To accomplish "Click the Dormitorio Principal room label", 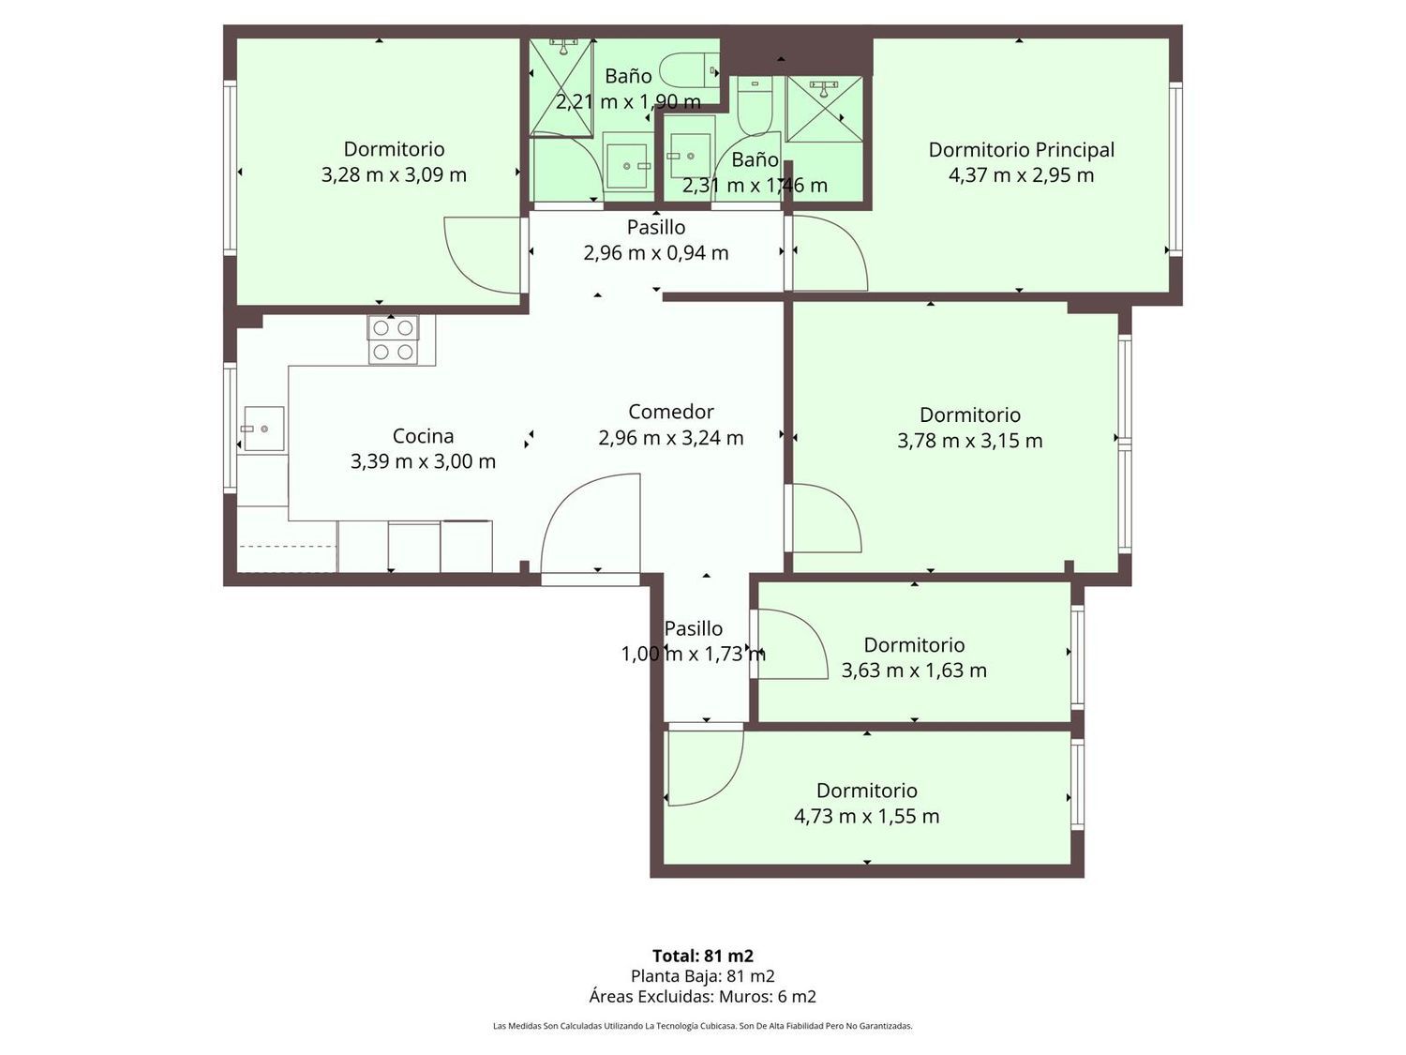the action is [1021, 150].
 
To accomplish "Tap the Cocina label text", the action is [423, 435].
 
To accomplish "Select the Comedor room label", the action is [670, 412].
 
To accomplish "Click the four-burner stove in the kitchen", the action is [393, 340].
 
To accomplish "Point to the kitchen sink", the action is [262, 429].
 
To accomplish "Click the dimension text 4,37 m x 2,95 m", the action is [1021, 174].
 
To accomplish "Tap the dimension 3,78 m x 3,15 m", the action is [970, 441].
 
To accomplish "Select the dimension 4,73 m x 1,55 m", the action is [867, 816].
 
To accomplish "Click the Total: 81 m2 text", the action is [703, 956].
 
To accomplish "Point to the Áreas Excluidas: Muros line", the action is [703, 996].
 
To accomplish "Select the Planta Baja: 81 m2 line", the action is [703, 975].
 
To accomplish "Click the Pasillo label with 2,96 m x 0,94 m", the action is [656, 227].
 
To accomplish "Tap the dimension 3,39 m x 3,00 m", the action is [423, 461].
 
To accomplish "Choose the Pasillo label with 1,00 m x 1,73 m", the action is [693, 627].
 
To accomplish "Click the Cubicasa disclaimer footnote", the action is [703, 1026].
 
